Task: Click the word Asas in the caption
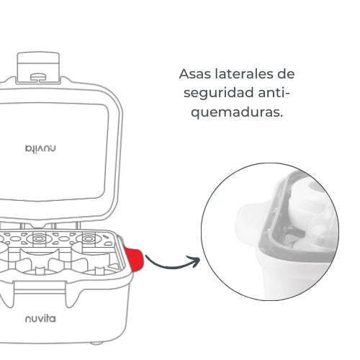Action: tap(192, 74)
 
